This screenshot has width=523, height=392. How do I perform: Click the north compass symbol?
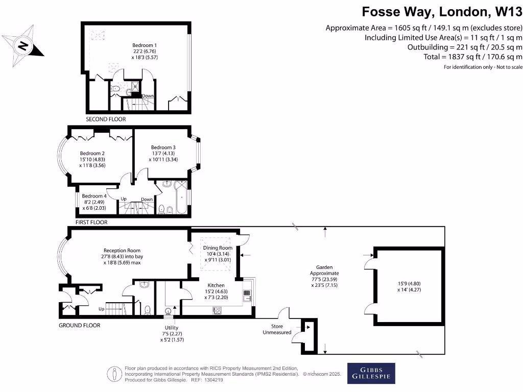click(x=23, y=45)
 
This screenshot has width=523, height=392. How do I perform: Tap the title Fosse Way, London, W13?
click(x=442, y=11)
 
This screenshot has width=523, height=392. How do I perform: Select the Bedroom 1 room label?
click(x=145, y=45)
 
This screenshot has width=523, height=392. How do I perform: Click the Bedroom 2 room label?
click(x=92, y=153)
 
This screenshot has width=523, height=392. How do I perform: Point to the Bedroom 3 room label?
click(x=163, y=148)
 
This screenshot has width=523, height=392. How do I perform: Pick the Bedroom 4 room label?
click(x=94, y=196)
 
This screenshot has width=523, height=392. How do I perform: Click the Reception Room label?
click(x=122, y=251)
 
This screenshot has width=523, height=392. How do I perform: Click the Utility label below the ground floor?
click(x=171, y=328)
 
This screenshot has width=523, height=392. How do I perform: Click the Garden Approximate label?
click(x=325, y=267)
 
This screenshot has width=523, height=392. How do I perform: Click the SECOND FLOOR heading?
click(x=106, y=119)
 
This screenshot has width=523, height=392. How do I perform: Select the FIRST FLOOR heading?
click(x=91, y=223)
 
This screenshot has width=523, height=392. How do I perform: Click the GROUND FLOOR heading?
click(x=80, y=325)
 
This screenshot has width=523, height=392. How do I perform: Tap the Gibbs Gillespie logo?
click(x=371, y=374)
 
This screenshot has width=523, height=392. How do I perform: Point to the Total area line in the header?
click(x=473, y=57)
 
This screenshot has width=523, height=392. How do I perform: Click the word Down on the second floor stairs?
click(x=148, y=96)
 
